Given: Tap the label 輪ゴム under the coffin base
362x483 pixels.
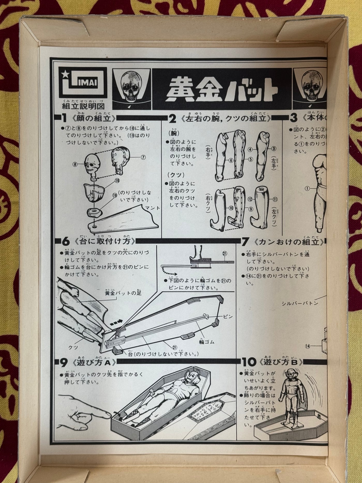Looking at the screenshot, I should click(206, 342).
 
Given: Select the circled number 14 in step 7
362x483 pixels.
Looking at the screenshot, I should click(314, 345).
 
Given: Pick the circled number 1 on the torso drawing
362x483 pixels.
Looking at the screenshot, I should click(307, 189).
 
